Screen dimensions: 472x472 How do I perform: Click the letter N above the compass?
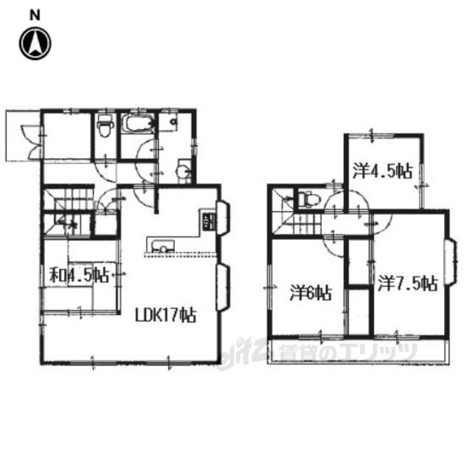(x=35, y=15)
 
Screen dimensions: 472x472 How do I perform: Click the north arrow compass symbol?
(x=35, y=44)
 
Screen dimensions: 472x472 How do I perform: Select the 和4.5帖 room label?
(x=79, y=275)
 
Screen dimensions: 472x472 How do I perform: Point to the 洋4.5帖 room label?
(x=382, y=171)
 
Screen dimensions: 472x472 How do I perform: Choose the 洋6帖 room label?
(x=310, y=293)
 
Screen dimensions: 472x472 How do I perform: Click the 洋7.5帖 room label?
(x=408, y=283)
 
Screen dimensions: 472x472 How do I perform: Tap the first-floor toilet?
(x=105, y=125)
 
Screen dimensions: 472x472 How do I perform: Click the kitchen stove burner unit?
(x=208, y=221)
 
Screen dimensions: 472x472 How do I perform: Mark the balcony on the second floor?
(x=358, y=351)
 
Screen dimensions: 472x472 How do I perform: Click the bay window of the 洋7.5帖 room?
(x=451, y=263)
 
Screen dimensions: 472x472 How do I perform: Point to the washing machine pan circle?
(x=174, y=122)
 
